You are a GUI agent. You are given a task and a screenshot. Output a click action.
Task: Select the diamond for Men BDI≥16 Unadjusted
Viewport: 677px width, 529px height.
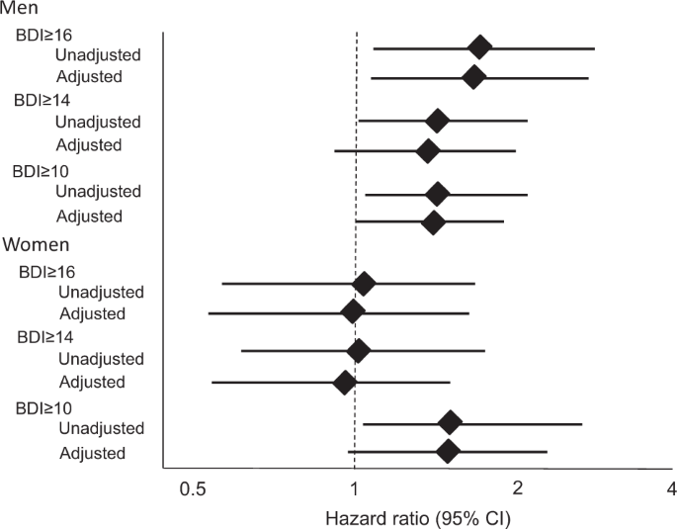(479, 47)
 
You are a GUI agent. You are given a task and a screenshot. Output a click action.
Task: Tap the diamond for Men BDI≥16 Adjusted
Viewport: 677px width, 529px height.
(473, 76)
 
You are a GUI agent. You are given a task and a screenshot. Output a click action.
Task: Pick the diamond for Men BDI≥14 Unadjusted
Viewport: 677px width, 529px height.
(437, 122)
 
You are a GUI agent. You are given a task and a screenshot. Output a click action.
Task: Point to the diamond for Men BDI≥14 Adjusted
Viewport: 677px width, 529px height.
(428, 151)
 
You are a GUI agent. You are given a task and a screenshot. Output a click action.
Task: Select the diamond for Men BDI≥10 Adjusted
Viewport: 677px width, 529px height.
(433, 222)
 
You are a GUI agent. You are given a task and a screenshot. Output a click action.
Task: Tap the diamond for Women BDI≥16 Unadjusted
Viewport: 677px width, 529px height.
(364, 284)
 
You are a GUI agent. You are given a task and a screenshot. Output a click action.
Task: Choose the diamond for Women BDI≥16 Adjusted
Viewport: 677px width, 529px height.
(353, 312)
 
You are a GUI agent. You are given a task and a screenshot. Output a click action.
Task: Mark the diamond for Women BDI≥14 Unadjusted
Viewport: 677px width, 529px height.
(359, 350)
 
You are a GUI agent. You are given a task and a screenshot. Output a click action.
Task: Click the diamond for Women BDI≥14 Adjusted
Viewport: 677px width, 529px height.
(345, 382)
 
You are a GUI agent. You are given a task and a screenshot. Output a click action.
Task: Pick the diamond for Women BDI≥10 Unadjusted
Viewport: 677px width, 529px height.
(450, 423)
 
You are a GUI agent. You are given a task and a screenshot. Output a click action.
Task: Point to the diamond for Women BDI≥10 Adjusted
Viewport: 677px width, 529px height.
(448, 452)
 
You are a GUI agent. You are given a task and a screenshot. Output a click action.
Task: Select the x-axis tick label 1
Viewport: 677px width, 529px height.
(355, 487)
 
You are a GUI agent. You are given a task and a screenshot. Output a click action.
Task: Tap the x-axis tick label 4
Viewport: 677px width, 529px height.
(671, 487)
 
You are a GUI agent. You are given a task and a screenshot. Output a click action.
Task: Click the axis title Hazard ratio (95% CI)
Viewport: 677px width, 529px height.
(417, 515)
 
